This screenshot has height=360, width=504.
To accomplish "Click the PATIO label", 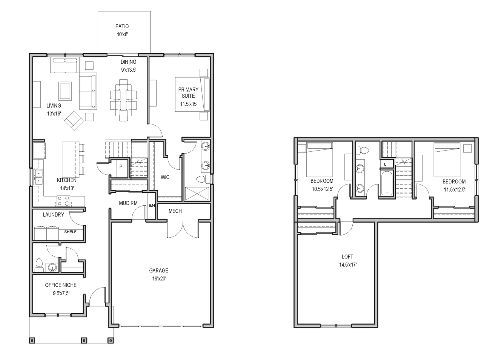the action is click(x=122, y=26).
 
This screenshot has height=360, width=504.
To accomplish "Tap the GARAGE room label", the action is click(x=158, y=271).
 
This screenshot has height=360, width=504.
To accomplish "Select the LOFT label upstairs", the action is click(x=347, y=257).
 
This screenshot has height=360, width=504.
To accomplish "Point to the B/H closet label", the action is click(x=152, y=205).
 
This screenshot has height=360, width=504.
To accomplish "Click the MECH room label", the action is click(x=175, y=211).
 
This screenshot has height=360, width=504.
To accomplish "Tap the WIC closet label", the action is click(x=165, y=177).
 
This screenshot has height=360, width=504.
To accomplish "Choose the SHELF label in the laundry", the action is click(x=70, y=232).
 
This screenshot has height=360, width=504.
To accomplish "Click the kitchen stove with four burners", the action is click(x=63, y=201).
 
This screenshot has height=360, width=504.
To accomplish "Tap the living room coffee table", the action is click(x=65, y=91).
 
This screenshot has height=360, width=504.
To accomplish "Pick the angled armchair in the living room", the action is click(x=74, y=121).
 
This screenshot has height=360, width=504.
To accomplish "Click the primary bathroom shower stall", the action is click(x=197, y=193).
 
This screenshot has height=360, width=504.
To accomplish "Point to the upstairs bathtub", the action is click(x=387, y=183).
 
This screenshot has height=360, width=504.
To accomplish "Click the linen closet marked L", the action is click(x=385, y=165).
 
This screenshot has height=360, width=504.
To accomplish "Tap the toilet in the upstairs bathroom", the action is click(x=362, y=150).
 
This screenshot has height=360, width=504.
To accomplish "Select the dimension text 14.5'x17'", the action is click(x=348, y=265).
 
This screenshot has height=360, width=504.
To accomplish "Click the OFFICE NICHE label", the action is click(x=61, y=285).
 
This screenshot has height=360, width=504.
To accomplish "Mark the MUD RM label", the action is click(x=128, y=203).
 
